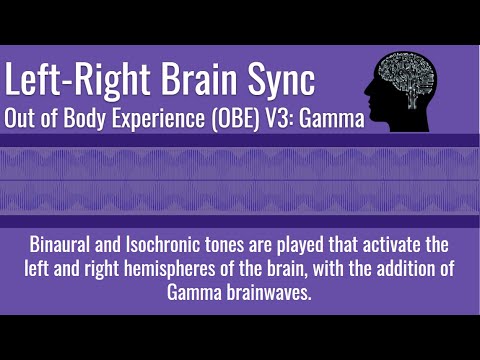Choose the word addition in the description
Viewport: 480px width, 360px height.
click(x=405, y=269)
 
